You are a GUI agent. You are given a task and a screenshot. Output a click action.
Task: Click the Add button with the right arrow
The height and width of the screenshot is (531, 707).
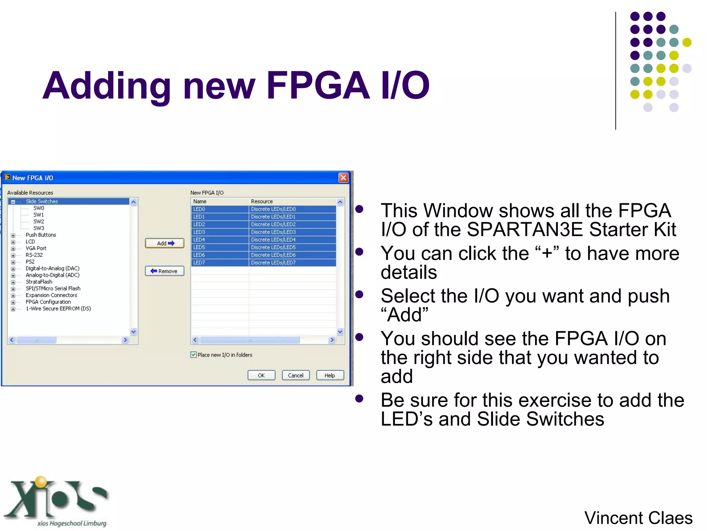(x=165, y=243)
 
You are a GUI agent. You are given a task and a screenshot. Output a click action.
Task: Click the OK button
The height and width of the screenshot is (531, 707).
(x=261, y=375)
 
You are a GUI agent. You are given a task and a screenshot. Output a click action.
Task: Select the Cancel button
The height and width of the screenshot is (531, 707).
(x=296, y=375)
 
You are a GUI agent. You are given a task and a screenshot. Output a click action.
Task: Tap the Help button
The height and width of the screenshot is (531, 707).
(x=330, y=375)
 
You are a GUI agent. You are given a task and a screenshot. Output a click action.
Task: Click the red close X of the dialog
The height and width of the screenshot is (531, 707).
(x=343, y=178)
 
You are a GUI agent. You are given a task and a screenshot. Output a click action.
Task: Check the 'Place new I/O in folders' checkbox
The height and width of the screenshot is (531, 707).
(x=194, y=355)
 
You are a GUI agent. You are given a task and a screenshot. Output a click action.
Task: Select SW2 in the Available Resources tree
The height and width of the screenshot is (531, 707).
(x=39, y=222)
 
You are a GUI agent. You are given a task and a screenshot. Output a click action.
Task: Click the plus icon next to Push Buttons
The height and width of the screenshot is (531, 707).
(x=13, y=235)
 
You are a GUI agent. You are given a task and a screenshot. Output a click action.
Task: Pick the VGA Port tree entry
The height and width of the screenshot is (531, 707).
(x=36, y=248)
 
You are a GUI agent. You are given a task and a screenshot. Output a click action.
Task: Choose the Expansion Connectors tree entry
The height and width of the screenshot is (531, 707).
(x=51, y=295)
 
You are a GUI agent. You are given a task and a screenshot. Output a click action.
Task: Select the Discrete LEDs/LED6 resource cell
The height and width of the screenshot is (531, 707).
(x=273, y=255)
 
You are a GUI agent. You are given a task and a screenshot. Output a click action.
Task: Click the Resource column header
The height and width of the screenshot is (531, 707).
(x=262, y=202)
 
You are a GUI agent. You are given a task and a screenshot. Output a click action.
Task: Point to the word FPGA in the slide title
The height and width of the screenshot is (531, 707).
(x=318, y=86)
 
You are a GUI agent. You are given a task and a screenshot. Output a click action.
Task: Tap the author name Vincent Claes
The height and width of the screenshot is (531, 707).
(x=638, y=518)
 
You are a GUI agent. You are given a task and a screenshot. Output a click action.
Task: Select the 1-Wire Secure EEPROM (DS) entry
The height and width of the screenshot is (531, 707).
(x=58, y=309)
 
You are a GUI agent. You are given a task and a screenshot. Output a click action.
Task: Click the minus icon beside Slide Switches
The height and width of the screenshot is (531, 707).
(x=13, y=202)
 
